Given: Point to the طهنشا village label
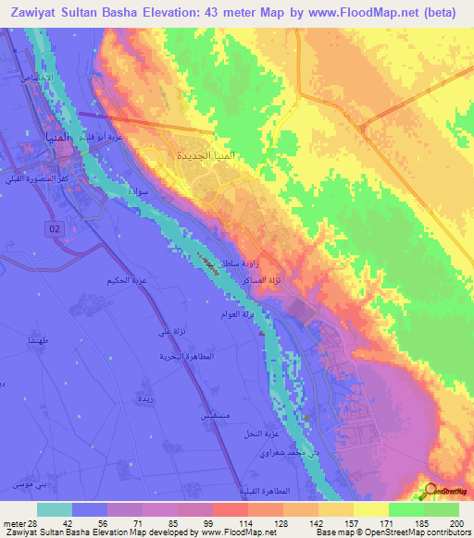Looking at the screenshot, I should tap(38, 339).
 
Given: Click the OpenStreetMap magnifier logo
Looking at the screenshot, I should tap(430, 491).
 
